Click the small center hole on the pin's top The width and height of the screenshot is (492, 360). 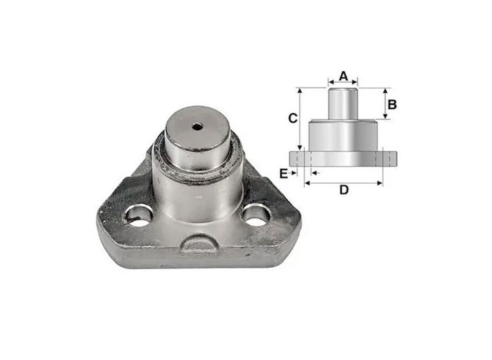click(196, 126)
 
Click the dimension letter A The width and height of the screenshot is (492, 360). click(343, 75)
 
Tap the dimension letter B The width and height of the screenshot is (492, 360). click(393, 104)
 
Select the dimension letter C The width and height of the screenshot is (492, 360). click(292, 118)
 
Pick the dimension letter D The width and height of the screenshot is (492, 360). click(343, 190)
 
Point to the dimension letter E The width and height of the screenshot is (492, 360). click(283, 173)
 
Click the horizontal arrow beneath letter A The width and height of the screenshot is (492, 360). click(343, 85)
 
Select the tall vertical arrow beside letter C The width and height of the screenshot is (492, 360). click(301, 118)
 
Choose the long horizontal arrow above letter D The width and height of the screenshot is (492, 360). click(343, 182)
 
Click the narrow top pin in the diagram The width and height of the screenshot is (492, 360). click(343, 104)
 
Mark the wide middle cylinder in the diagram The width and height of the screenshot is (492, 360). click(343, 136)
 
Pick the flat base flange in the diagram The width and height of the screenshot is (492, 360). click(343, 158)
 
